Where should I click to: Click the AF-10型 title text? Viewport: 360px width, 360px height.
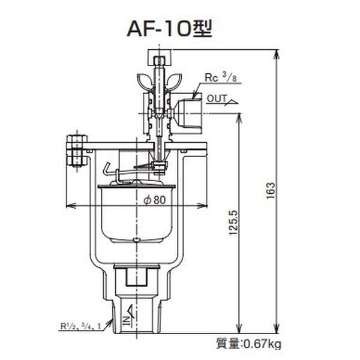tap(169, 29)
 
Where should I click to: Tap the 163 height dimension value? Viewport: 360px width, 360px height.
tap(271, 191)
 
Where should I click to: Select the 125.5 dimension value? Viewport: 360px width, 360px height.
tap(234, 222)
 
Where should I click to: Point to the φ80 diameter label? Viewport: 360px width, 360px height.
tap(154, 200)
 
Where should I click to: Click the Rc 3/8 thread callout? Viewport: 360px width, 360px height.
tap(221, 78)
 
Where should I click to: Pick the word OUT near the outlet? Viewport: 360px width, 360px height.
tap(217, 98)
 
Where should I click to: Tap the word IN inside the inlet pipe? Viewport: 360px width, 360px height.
tap(127, 321)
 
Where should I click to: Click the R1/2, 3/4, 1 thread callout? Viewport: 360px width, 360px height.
tap(80, 326)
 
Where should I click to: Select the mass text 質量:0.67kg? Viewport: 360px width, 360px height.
tap(248, 344)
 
